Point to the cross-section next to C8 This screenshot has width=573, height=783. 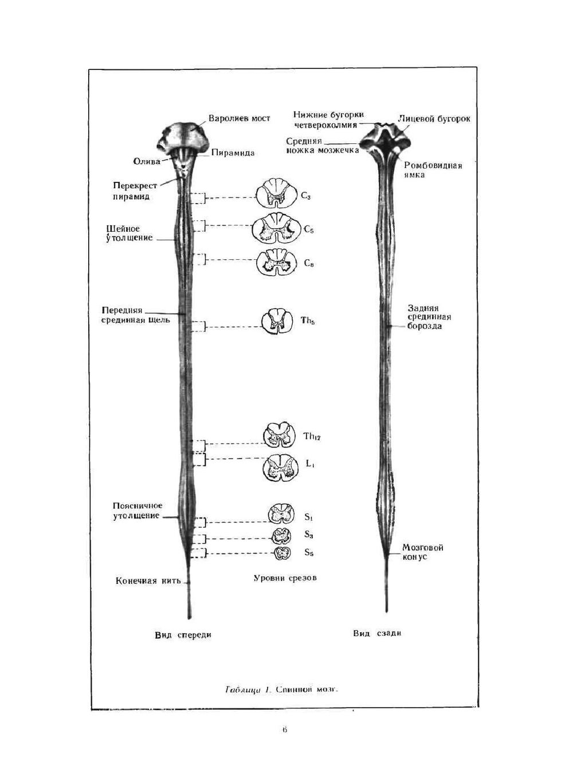coord(277,262)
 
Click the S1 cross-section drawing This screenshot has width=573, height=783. coord(282,515)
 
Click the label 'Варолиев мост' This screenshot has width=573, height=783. coord(239,119)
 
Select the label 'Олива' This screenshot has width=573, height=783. coord(147,161)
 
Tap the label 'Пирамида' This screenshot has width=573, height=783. coord(233,153)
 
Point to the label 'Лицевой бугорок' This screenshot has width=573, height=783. coord(434,119)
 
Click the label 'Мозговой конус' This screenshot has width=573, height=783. coord(422,552)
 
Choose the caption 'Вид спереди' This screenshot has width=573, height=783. coord(183,635)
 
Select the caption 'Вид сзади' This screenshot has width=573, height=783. coord(377,633)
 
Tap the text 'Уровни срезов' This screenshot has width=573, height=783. coord(285,578)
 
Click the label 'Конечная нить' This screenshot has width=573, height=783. coord(148,581)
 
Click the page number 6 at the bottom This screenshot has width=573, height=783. coord(284,730)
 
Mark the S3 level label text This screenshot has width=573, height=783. coord(309,535)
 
